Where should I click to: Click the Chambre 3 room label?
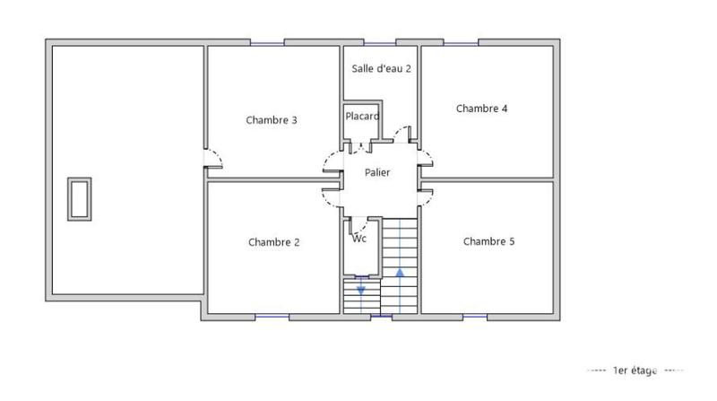point(272,120)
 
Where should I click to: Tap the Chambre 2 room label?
point(273,242)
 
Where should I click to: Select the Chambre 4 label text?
point(482,109)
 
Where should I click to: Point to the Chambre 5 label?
point(488,241)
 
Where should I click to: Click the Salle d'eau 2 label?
point(381,69)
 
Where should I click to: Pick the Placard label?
point(362,116)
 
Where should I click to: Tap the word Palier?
point(377,173)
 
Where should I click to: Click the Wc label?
point(358,239)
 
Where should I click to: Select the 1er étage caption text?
point(635,370)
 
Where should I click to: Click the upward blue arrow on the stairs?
point(400,273)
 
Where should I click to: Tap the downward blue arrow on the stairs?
point(361,289)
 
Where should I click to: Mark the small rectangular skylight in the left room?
point(79,198)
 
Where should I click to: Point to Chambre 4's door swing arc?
point(426,159)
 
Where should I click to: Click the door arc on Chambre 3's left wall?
point(215,159)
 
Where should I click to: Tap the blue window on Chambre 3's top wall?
point(267,42)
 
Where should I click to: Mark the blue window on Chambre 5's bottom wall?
point(475,316)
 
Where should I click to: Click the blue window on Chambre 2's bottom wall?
point(272,316)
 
